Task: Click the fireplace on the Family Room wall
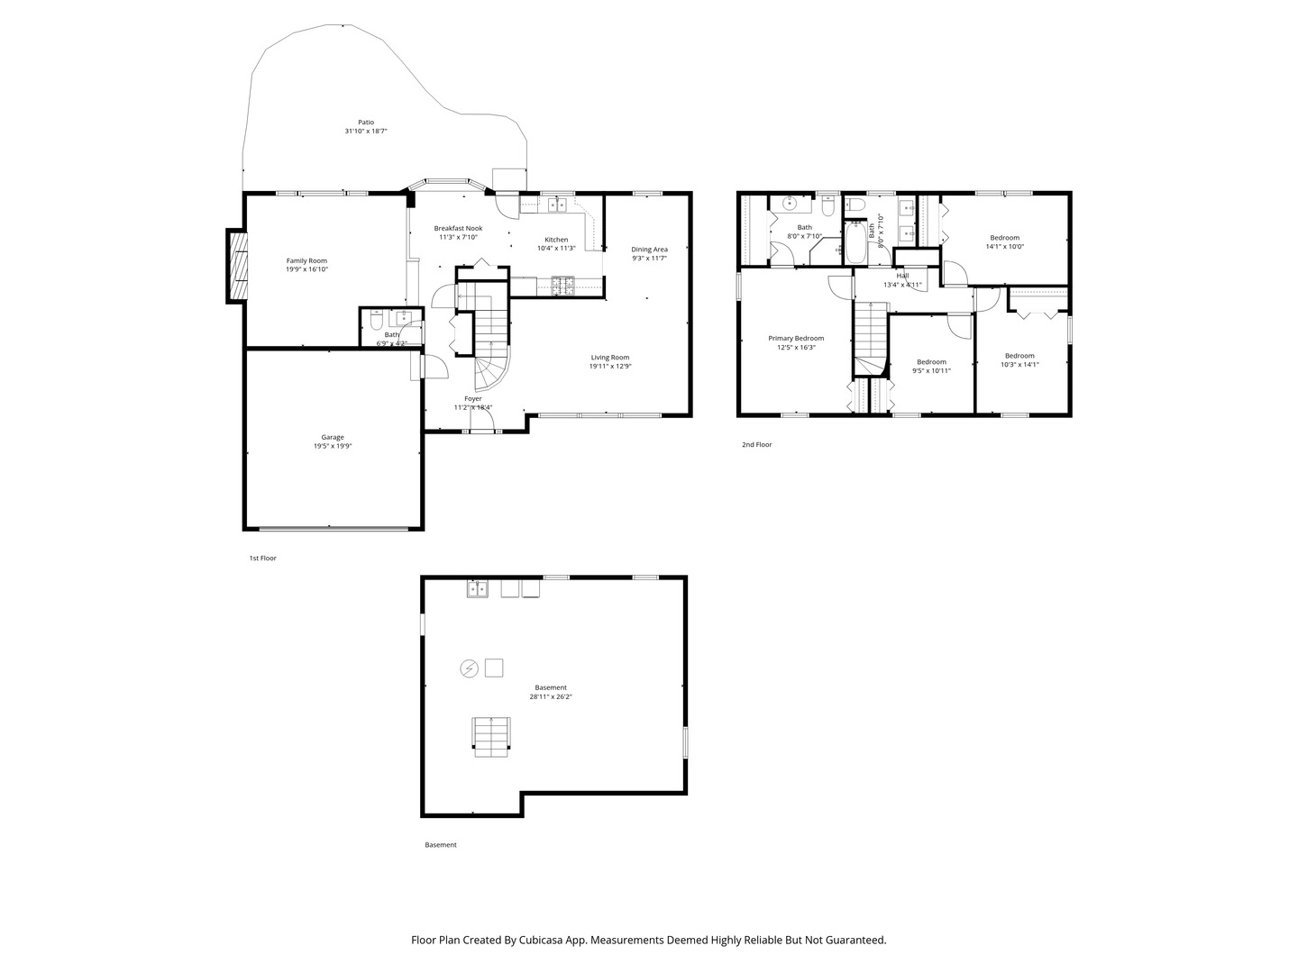[237, 267]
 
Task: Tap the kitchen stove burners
[563, 287]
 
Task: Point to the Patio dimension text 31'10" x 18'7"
[365, 132]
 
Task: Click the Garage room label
[333, 438]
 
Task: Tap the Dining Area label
[649, 250]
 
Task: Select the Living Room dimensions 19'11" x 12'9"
[610, 367]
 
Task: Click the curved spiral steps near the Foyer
[491, 370]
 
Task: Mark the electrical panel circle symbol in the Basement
[469, 668]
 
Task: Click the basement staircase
[491, 736]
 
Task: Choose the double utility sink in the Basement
[477, 589]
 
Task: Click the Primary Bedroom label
[796, 339]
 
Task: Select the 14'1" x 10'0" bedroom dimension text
[1004, 247]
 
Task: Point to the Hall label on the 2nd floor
[902, 276]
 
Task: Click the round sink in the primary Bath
[787, 203]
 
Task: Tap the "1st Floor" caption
[263, 559]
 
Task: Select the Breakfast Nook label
[458, 228]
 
